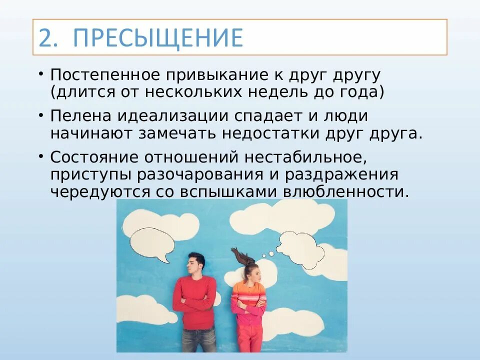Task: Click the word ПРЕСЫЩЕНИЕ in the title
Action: (x=158, y=38)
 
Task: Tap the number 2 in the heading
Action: (x=45, y=38)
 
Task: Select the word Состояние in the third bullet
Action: (x=94, y=157)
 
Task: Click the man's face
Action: (x=195, y=265)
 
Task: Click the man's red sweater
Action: (x=194, y=302)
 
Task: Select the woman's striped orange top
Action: (x=248, y=295)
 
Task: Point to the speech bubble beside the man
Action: (x=152, y=240)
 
